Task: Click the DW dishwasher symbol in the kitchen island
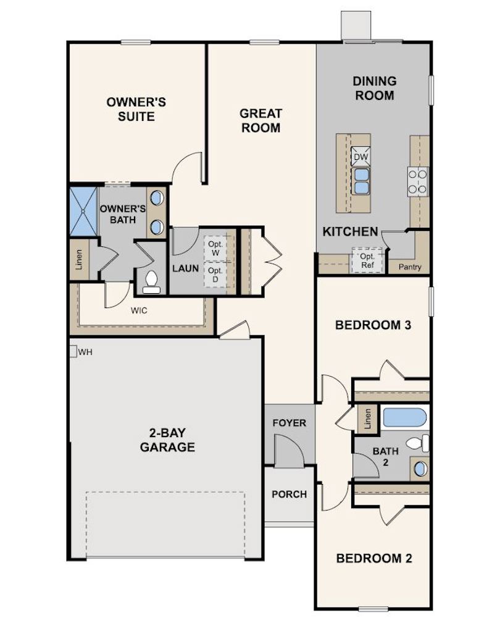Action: click(x=360, y=157)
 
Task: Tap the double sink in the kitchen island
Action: click(x=360, y=180)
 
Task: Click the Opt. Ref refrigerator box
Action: click(x=367, y=260)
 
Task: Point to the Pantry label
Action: click(x=410, y=267)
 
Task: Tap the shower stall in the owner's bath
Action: click(x=83, y=211)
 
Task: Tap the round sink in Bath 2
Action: click(x=420, y=469)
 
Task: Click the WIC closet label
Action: click(x=139, y=311)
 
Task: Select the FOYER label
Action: click(x=290, y=424)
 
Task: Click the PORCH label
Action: click(x=290, y=494)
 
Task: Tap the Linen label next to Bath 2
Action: click(x=367, y=419)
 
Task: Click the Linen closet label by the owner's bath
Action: click(x=79, y=259)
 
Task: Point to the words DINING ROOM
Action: click(x=374, y=88)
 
